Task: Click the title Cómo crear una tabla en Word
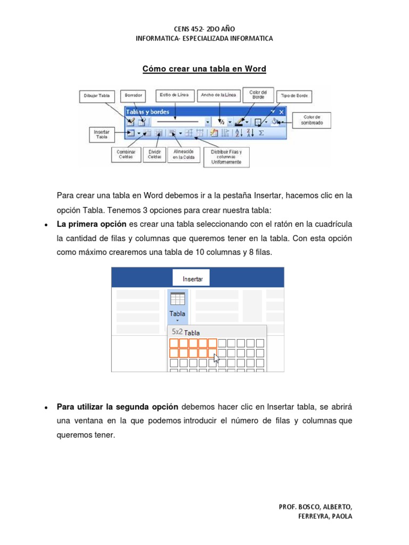(204, 69)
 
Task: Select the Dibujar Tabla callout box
(96, 96)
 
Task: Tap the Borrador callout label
(133, 96)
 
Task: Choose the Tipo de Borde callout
(295, 96)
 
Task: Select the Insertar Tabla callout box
(101, 134)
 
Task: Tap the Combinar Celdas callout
(126, 154)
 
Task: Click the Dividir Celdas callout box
(154, 154)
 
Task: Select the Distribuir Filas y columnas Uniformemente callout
(226, 157)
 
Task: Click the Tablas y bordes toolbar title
(148, 112)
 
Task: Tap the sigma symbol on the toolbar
(261, 133)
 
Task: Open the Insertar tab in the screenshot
(192, 278)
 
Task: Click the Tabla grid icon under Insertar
(177, 299)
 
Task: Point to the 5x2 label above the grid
(177, 332)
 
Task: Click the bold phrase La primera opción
(92, 224)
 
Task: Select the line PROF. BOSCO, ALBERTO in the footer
(315, 507)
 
